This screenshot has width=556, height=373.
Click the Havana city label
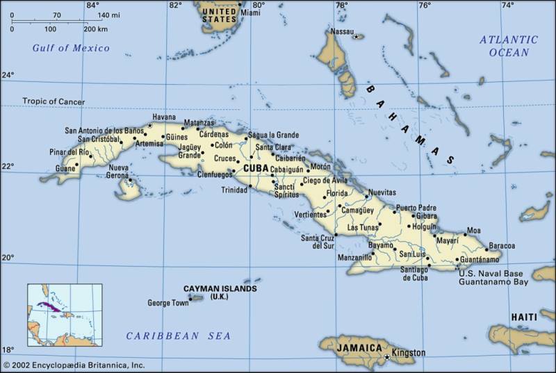coord(164,117)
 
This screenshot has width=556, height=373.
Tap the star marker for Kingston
coord(387,357)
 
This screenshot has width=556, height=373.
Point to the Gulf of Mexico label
coord(72,48)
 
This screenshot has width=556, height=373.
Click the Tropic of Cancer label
coord(54,101)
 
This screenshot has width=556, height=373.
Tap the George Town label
coord(168,304)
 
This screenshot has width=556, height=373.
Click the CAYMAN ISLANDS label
coord(220,288)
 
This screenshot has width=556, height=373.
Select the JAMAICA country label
coord(359,347)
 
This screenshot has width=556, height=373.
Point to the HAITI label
coord(524,317)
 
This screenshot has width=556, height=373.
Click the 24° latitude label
coord(8,75)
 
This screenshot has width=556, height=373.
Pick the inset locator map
coord(65,315)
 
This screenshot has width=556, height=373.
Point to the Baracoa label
coord(502,246)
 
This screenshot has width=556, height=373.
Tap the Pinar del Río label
coord(69,152)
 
